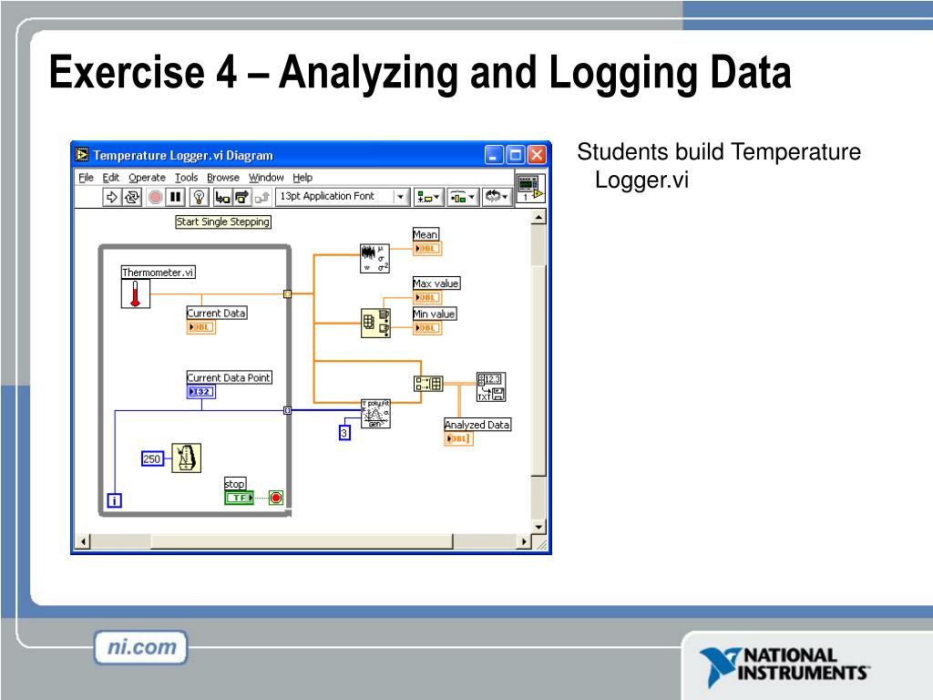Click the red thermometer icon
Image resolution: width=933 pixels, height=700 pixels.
pyautogui.click(x=136, y=293)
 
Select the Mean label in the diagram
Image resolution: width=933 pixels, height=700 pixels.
pyautogui.click(x=425, y=234)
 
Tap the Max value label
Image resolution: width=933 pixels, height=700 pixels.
pyautogui.click(x=436, y=283)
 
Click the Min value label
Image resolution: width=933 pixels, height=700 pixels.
pyautogui.click(x=435, y=314)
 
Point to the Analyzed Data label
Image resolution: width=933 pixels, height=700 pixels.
pyautogui.click(x=477, y=425)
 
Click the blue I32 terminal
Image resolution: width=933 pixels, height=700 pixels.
pyautogui.click(x=201, y=392)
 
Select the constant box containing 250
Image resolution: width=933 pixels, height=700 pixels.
pyautogui.click(x=152, y=459)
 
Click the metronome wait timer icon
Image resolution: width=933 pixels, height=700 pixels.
pyautogui.click(x=187, y=458)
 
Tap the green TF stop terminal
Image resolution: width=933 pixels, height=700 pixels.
pyautogui.click(x=240, y=498)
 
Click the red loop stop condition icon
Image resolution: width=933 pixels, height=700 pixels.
pyautogui.click(x=275, y=498)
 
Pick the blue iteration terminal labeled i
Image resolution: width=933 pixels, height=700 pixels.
pyautogui.click(x=115, y=499)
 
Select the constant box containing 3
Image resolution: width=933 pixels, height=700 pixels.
pyautogui.click(x=344, y=434)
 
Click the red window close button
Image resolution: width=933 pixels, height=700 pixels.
pyautogui.click(x=538, y=155)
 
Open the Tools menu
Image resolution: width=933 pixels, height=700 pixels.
pyautogui.click(x=186, y=178)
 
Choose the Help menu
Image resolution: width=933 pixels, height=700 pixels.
pyautogui.click(x=302, y=178)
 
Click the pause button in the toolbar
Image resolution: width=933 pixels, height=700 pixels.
pyautogui.click(x=176, y=197)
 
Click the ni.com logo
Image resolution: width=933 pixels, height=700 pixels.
pyautogui.click(x=140, y=648)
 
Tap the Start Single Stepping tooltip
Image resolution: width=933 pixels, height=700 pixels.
pyautogui.click(x=223, y=221)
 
